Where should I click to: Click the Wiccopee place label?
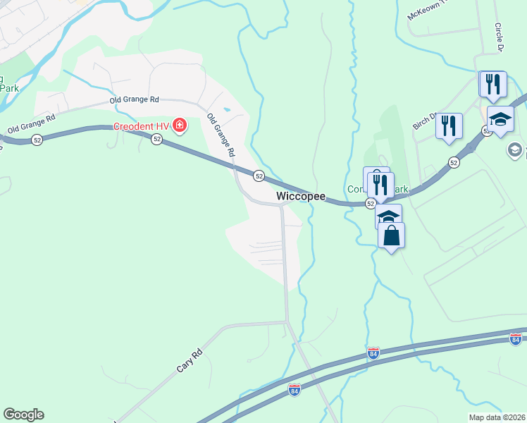[301, 196]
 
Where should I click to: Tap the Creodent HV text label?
[143, 127]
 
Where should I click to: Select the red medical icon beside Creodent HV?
[180, 126]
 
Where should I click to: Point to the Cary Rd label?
[189, 360]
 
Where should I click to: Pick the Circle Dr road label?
[499, 37]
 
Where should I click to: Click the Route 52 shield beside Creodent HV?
[156, 140]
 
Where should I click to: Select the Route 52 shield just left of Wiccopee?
[259, 176]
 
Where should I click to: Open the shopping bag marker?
[391, 235]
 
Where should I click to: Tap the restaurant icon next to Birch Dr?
[449, 125]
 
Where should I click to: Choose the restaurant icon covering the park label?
[380, 185]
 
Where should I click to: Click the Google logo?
[23, 415]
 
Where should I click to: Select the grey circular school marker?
[514, 149]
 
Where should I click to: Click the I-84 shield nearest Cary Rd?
[294, 389]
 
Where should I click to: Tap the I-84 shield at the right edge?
[516, 340]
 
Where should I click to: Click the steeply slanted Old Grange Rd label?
[221, 134]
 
